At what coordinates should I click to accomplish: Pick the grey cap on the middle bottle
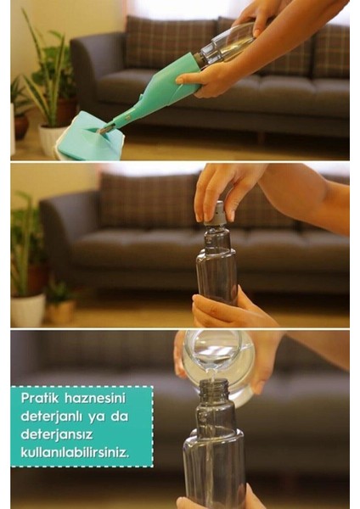(217, 213)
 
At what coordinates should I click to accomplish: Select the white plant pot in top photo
(50, 138)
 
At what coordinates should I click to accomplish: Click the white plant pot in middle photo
(28, 310)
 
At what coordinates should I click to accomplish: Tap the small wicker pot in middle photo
(60, 310)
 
